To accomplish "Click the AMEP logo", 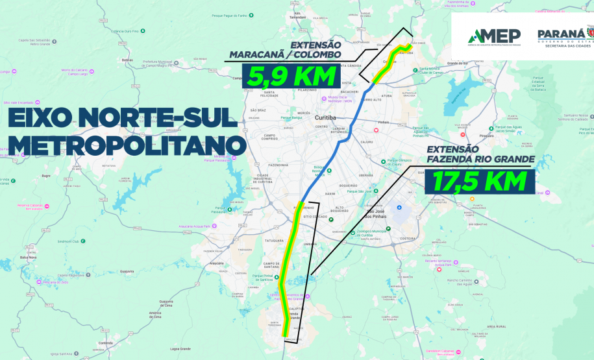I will click(490, 37).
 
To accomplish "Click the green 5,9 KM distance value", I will click(291, 75).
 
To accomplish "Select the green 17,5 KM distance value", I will click(478, 182).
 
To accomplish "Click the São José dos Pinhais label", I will click(377, 213).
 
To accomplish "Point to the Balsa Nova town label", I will click(28, 258).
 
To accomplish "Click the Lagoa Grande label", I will click(179, 348).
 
